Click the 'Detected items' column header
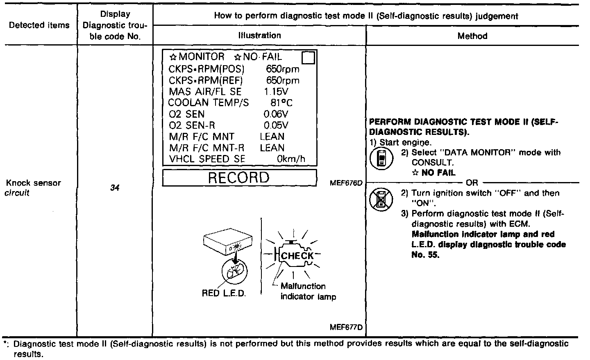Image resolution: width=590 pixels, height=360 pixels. click(x=39, y=25)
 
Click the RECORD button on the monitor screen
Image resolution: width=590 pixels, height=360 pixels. click(x=239, y=178)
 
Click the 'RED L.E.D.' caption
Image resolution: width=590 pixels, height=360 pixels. click(x=224, y=293)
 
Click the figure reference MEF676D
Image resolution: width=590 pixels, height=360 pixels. click(x=346, y=183)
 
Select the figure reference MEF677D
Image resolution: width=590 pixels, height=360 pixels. click(x=346, y=328)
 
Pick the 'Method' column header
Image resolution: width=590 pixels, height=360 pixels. click(x=472, y=36)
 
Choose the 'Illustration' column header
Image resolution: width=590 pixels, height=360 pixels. click(x=259, y=36)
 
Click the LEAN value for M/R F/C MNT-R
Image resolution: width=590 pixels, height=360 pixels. click(x=272, y=148)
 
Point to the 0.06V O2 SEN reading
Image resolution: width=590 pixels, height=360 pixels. click(x=276, y=114)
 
